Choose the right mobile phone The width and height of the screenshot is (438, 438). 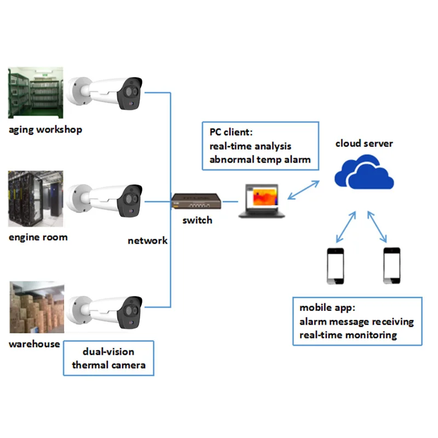(x=391, y=266)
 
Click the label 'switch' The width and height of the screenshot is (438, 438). (x=197, y=220)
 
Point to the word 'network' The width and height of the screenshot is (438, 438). (x=147, y=240)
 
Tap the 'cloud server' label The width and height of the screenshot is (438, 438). (x=364, y=143)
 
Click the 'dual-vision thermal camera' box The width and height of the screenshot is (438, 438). (x=108, y=358)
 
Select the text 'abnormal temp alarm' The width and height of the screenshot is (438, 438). (x=260, y=160)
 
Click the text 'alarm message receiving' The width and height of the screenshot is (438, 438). (x=356, y=321)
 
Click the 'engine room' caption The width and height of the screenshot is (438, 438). (x=38, y=237)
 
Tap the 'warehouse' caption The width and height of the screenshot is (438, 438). (x=34, y=344)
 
